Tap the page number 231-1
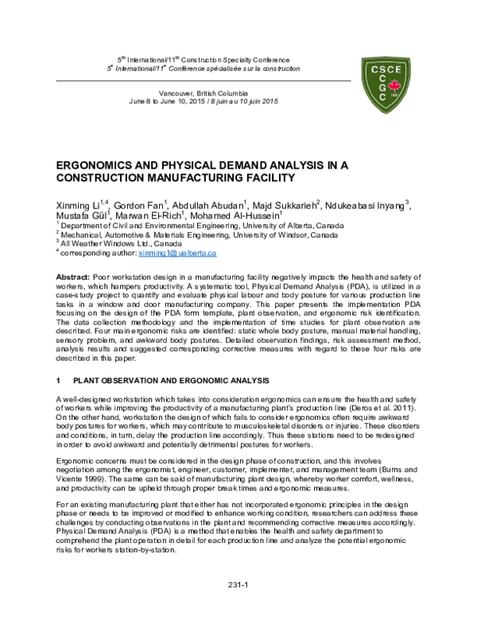coord(238,585)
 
